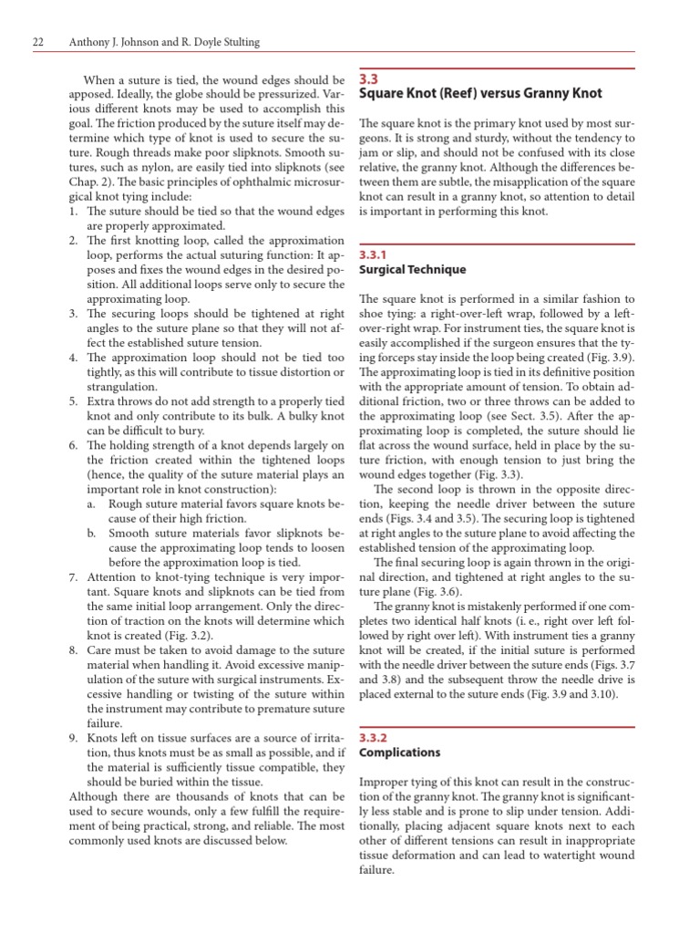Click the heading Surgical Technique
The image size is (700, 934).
pos(413,270)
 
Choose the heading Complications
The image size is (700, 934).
pos(400,752)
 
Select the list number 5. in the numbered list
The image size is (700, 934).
pos(75,400)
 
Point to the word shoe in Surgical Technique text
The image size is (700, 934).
pos(376,313)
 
